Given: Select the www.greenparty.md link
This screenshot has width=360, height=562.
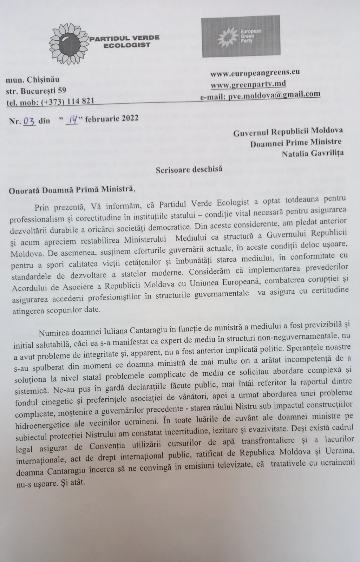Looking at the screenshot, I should (x=248, y=84).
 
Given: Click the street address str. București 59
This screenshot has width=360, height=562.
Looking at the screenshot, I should (x=37, y=91).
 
